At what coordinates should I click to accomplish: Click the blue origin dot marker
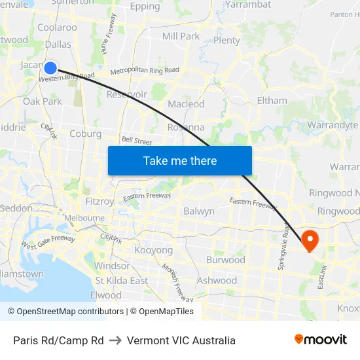[x=50, y=67]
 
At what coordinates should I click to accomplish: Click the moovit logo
[x=321, y=340]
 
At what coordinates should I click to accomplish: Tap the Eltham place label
[x=272, y=100]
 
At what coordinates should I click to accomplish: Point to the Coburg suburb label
[x=85, y=134]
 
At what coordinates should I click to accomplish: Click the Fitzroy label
[x=99, y=201]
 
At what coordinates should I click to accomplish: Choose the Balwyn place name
[x=199, y=211]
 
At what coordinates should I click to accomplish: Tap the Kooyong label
[x=153, y=250]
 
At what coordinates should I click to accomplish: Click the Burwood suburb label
[x=225, y=260]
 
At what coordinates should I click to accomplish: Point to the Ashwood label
[x=217, y=280]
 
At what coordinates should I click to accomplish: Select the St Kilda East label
[x=121, y=280]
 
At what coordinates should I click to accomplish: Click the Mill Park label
[x=181, y=36]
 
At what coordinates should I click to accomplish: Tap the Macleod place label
[x=187, y=104]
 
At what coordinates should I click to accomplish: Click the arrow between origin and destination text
[x=115, y=340]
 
